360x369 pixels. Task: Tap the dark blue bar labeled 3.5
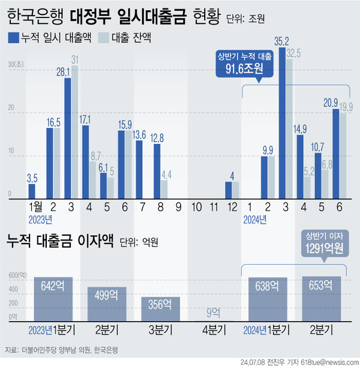tap(32, 192)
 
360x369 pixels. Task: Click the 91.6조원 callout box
tap(244, 64)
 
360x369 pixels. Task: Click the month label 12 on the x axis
tap(232, 208)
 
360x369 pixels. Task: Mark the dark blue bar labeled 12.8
tap(157, 172)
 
